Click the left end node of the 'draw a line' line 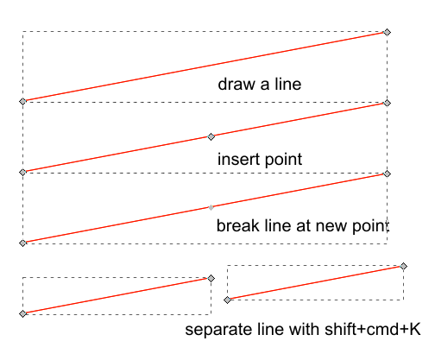22,102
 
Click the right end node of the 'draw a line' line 387,32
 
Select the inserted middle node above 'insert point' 211,136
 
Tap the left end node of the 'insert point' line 22,172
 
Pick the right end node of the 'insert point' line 387,104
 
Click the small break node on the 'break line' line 211,207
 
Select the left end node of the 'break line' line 22,243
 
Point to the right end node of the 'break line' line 387,174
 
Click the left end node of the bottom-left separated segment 22,313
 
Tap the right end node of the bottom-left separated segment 211,278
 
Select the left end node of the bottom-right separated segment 228,300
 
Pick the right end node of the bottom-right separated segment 403,266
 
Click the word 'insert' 236,159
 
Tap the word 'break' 236,226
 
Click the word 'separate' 216,331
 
